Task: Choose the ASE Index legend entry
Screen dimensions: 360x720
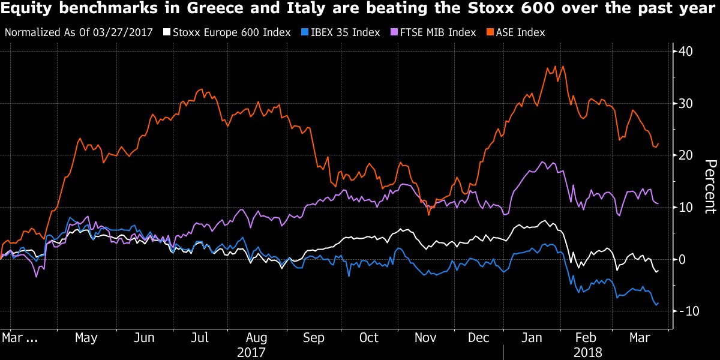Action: [x=517, y=32]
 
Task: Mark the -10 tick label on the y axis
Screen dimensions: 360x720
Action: [x=684, y=311]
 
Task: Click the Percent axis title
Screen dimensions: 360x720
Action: [x=710, y=186]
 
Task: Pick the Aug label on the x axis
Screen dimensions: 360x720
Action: [x=257, y=338]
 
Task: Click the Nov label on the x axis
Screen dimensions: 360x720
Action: [x=425, y=338]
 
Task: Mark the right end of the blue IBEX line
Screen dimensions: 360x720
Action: [x=659, y=303]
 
